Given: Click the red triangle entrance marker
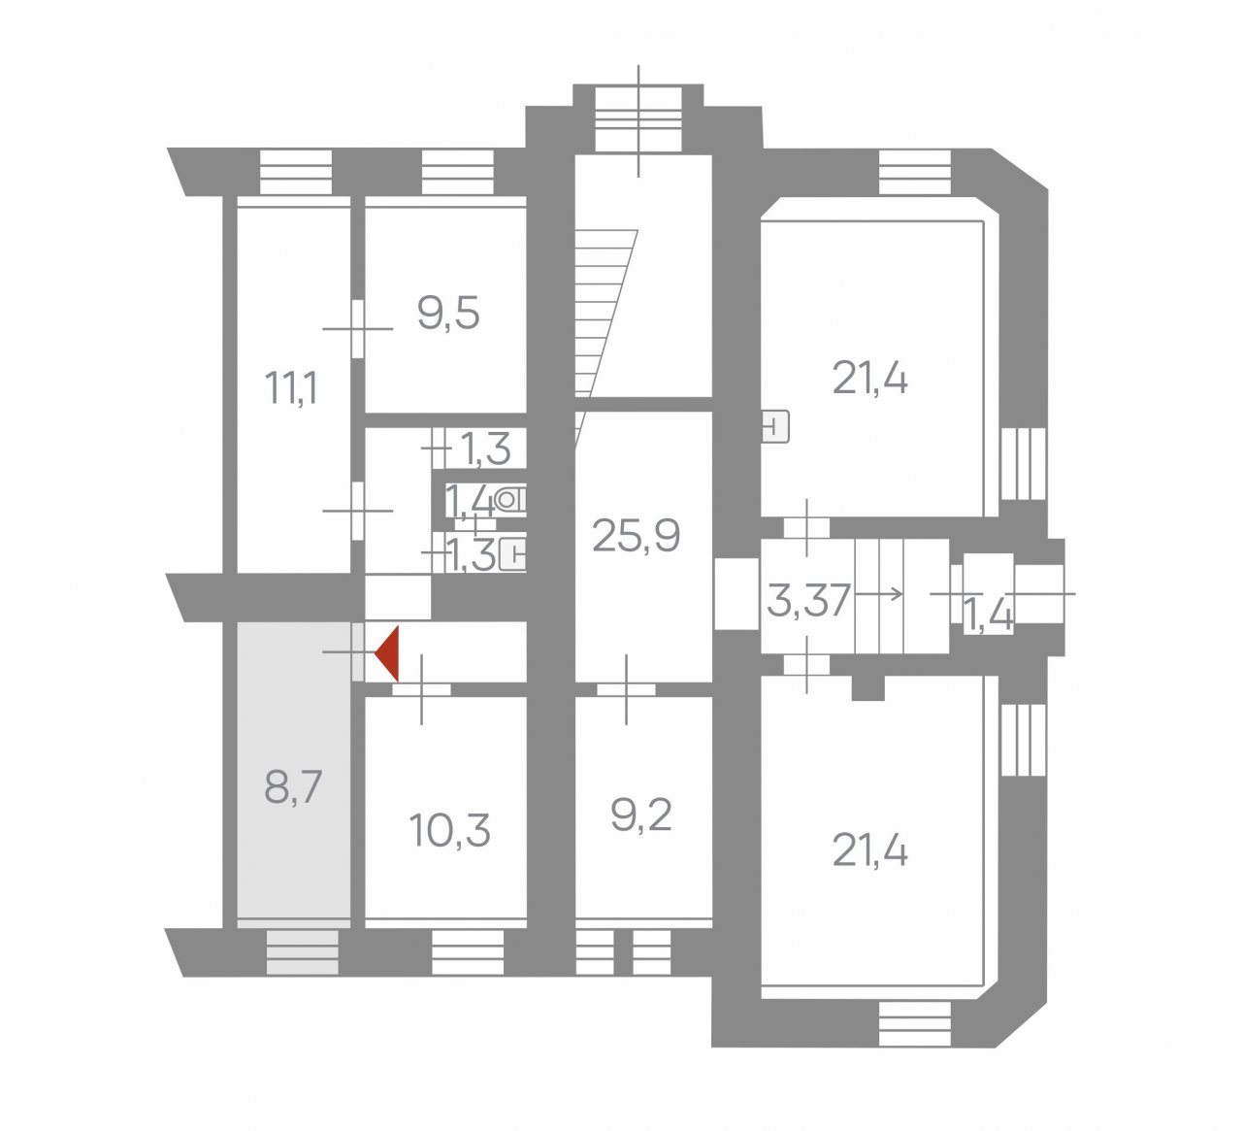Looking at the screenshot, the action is coord(389,653).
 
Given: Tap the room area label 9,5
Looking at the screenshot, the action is coord(448,314).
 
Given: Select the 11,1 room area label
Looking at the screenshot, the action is coord(291,387).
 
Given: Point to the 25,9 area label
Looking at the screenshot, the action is coord(636,536).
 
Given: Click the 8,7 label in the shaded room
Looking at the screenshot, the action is coord(293,786).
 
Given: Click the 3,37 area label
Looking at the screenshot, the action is coord(808,601).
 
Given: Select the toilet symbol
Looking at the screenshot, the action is coord(510,499).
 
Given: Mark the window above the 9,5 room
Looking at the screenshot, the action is coord(458,172).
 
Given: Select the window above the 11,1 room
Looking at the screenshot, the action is coord(296,172).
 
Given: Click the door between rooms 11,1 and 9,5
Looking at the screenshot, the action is coord(357,328).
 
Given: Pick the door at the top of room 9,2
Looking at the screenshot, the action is coord(626,689).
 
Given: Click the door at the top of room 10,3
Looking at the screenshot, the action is coord(422,689).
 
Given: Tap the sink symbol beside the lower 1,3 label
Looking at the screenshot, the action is coord(512,554).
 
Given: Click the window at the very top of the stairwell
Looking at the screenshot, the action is coord(638,119).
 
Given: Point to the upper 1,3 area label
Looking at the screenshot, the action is coord(485,449).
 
